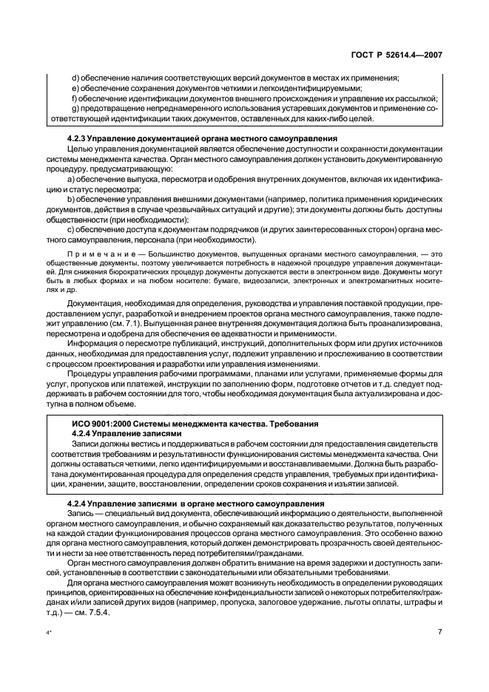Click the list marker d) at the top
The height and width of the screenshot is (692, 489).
click(75, 78)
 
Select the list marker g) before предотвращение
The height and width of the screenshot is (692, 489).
click(75, 109)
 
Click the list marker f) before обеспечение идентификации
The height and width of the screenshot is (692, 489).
click(74, 98)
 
